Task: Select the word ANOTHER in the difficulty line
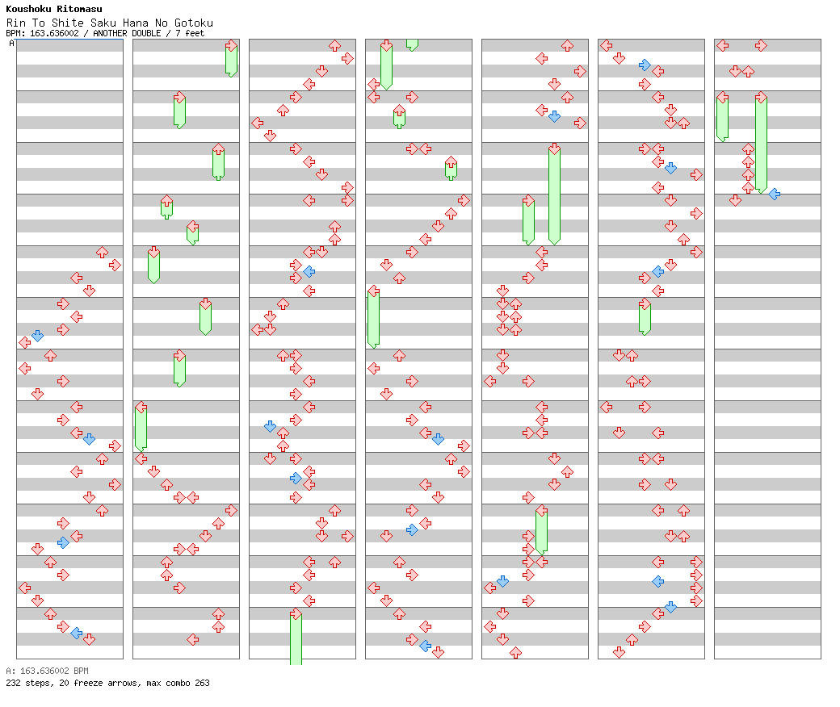coord(110,33)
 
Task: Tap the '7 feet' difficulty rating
coord(190,33)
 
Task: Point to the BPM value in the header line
coord(54,33)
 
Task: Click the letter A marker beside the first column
coord(12,44)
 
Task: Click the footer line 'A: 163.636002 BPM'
coord(47,671)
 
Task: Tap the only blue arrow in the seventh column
coord(774,194)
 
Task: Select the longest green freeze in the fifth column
coord(554,195)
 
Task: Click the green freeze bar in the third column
coord(296,637)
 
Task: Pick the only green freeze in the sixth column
coord(645,317)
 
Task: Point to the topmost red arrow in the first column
coord(102,252)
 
